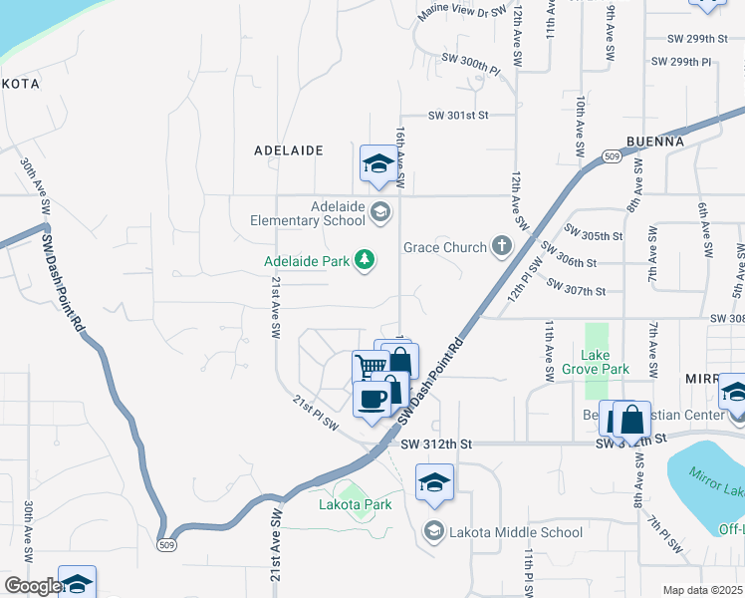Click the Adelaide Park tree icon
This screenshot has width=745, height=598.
367,261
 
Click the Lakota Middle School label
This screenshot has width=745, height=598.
516,532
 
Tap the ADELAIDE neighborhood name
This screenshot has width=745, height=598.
289,150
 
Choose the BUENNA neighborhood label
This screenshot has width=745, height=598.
655,142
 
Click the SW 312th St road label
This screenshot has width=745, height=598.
435,443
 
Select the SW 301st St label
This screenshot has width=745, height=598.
458,116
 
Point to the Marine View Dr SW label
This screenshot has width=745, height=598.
463,12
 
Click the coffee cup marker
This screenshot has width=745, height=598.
372,400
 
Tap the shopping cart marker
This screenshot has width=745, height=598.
370,366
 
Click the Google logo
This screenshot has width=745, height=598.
32,586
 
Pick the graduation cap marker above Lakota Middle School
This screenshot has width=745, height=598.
433,483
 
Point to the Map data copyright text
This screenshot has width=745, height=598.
702,590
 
